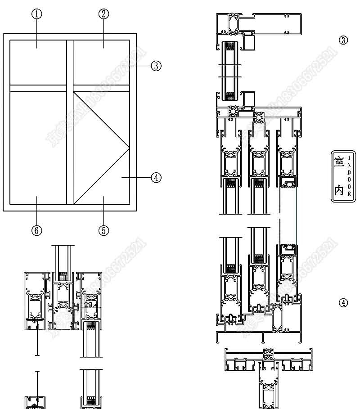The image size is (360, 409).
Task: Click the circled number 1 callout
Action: pyautogui.click(x=37, y=13)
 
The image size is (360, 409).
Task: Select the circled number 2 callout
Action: pyautogui.click(x=103, y=13)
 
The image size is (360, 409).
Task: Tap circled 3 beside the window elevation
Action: pyautogui.click(x=156, y=66)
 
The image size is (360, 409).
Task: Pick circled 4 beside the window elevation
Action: pyautogui.click(x=156, y=177)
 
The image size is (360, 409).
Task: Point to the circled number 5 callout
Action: pyautogui.click(x=103, y=230)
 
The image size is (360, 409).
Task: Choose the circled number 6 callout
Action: pyautogui.click(x=37, y=230)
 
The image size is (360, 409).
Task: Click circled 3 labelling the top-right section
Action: pyautogui.click(x=343, y=40)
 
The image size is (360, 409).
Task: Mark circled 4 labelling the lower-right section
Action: pyautogui.click(x=343, y=303)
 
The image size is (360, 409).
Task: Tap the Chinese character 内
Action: pyautogui.click(x=337, y=190)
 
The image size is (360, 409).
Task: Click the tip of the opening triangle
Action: pyautogui.click(x=129, y=148)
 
